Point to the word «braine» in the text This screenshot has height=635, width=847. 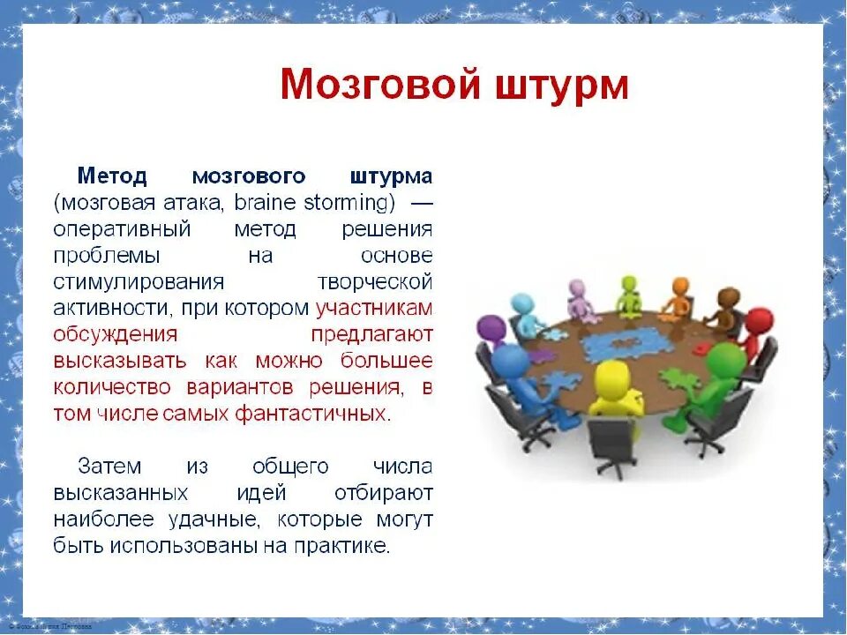pyautogui.click(x=268, y=203)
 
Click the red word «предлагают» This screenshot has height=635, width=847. pyautogui.click(x=371, y=335)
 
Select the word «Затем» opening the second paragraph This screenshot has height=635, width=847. pyautogui.click(x=109, y=466)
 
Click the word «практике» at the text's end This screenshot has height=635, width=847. pyautogui.click(x=346, y=545)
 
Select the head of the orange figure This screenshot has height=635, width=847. pyautogui.click(x=680, y=287)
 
